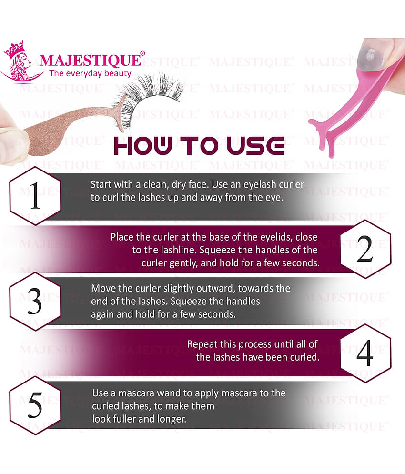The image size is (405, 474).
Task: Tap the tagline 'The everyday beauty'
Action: tap(90, 73)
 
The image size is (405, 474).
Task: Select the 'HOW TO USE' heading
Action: tap(199, 146)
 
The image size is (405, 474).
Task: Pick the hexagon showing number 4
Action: tap(365, 353)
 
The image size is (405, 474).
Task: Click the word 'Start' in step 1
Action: tap(101, 184)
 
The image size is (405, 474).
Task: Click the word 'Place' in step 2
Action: tap(122, 237)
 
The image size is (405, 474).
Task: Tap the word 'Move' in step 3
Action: tap(102, 289)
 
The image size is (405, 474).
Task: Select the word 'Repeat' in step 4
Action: tap(202, 344)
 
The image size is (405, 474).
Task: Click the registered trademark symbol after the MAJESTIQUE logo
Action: tap(142, 54)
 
